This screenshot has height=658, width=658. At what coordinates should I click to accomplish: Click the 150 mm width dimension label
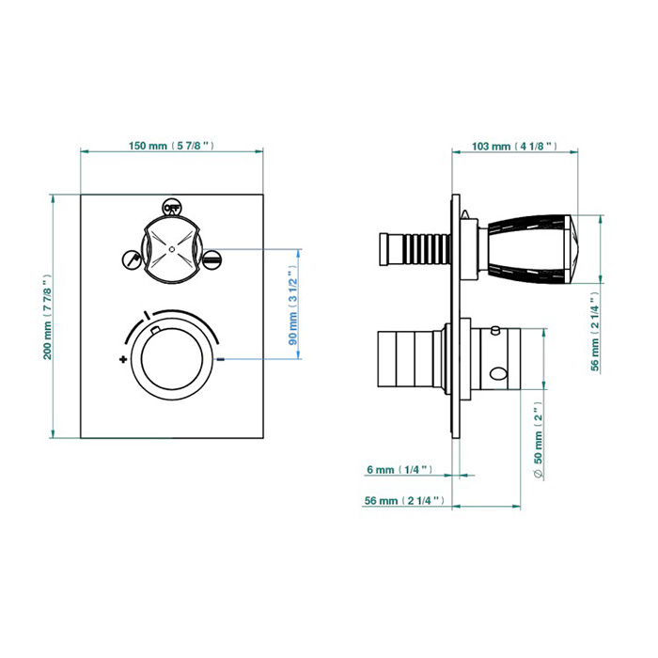pos(171,146)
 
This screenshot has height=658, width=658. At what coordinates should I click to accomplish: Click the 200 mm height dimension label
pos(47,318)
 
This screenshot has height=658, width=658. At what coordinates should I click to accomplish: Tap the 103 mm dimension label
pos(514,146)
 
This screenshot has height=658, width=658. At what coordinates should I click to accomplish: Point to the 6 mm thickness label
pos(399,470)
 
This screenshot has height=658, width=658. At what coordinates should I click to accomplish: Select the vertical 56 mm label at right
pos(595,332)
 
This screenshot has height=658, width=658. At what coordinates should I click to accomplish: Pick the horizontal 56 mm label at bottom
pos(404,501)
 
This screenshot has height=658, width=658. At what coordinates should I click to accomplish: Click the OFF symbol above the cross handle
pos(171,207)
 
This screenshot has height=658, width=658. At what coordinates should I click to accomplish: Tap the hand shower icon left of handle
pos(132,259)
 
